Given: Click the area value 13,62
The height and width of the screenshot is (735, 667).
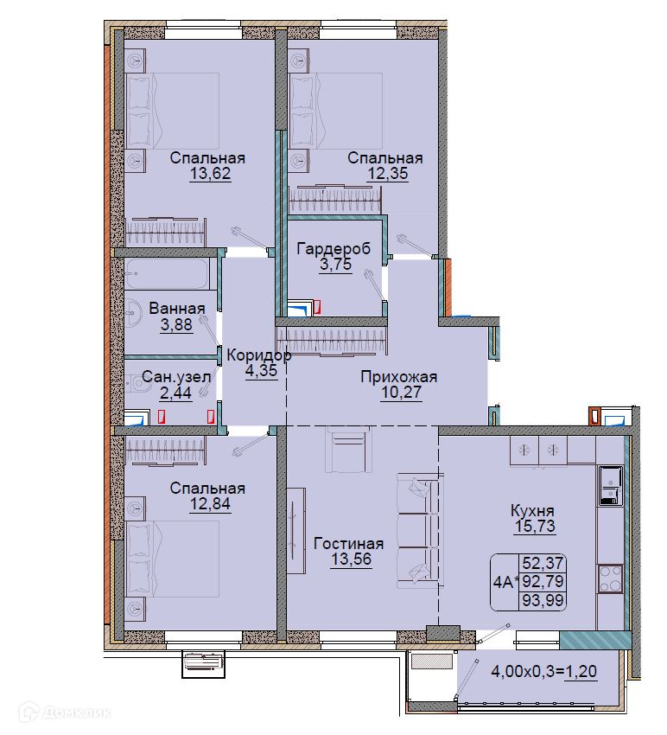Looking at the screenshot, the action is [210, 174].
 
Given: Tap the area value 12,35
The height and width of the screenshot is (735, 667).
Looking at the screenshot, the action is [387, 174].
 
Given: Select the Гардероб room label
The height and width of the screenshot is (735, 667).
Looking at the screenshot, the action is [333, 248].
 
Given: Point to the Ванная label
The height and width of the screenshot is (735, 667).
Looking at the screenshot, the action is [177, 309].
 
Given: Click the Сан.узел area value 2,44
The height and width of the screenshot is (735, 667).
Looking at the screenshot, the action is [176, 393].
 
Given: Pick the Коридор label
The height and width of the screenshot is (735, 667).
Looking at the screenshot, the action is [259, 355].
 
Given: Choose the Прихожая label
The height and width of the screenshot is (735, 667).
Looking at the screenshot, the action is [398, 376].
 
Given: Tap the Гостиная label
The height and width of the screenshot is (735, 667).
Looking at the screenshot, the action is [348, 543].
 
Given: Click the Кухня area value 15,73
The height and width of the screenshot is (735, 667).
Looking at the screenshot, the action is [536, 526].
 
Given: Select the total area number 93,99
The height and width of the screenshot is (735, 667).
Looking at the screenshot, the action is [543, 600].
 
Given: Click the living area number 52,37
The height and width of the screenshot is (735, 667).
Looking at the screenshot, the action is [543, 563].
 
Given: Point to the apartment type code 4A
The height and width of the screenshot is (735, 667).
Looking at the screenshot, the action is [504, 582].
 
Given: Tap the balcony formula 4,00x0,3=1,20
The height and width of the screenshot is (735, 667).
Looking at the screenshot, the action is [543, 671].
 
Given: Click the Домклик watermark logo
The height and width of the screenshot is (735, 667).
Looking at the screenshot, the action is [65, 713].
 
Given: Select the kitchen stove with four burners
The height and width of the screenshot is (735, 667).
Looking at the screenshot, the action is [610, 578].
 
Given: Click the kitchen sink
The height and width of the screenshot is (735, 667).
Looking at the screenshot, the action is [610, 486].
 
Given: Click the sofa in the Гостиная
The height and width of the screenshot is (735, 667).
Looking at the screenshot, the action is [420, 531].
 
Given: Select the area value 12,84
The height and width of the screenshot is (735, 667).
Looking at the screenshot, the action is [210, 504].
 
